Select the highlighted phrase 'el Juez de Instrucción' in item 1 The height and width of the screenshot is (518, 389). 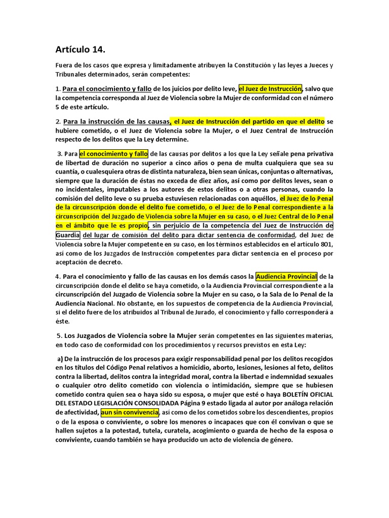[270, 89]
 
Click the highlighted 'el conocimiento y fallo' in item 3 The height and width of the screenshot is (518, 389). [113, 154]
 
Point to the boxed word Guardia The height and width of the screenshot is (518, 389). [67, 235]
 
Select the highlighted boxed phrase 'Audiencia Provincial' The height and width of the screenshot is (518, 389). [287, 277]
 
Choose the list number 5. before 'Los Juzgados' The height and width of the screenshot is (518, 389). [59, 335]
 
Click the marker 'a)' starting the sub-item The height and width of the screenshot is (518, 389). [61, 359]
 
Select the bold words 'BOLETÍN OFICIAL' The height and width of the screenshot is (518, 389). [304, 395]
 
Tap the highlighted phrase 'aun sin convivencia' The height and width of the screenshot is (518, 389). [130, 413]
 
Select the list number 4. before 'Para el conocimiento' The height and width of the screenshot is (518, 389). [58, 277]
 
